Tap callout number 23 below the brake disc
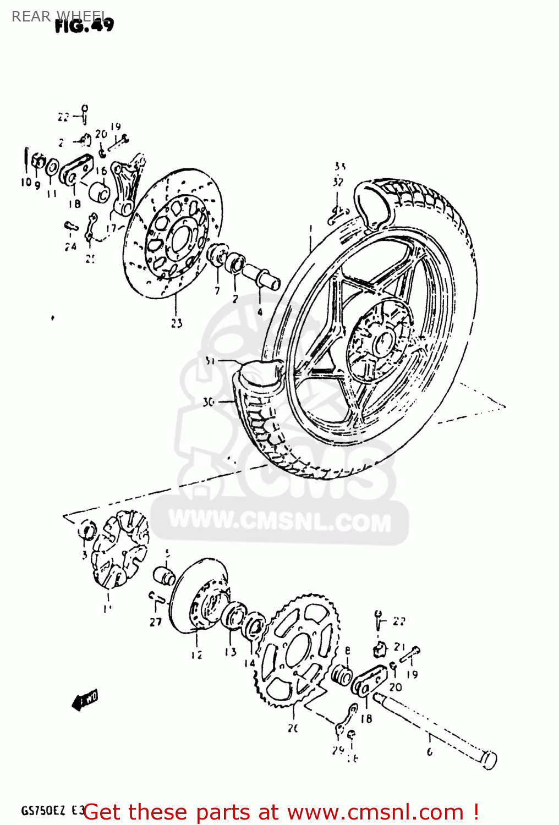click(176, 323)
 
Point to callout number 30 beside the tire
click(208, 402)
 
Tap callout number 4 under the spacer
click(260, 312)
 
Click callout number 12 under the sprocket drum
click(196, 654)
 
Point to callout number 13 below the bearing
click(230, 652)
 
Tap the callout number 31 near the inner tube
click(209, 361)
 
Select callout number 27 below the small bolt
click(156, 621)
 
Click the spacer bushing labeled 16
click(100, 193)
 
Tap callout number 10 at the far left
click(26, 182)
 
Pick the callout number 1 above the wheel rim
click(310, 228)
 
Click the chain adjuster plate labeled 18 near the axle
click(370, 681)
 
